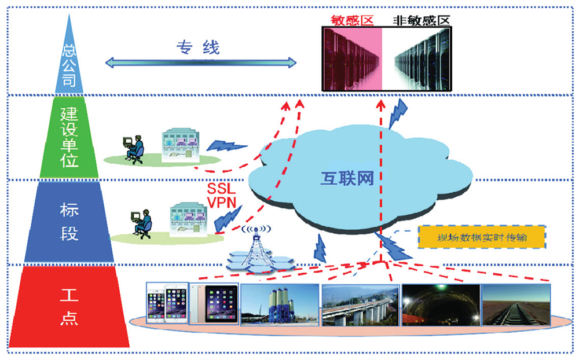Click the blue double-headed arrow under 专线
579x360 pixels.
(x=200, y=61)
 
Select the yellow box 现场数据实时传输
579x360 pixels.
(x=482, y=238)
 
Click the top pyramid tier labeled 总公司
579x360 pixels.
(x=69, y=64)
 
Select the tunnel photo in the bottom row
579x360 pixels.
(x=440, y=304)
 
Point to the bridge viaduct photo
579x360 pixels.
(x=360, y=304)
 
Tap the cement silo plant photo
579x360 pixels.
(x=280, y=304)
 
